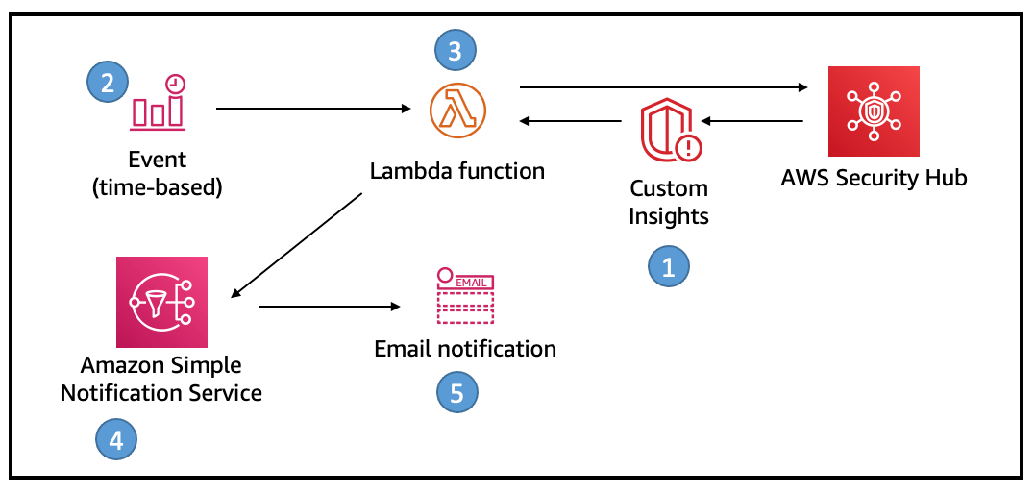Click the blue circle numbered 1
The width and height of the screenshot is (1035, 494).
pyautogui.click(x=669, y=266)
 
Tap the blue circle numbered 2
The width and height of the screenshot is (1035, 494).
pyautogui.click(x=108, y=82)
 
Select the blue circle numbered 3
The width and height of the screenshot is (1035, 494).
pyautogui.click(x=456, y=50)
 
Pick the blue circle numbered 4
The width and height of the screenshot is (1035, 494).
pyautogui.click(x=116, y=440)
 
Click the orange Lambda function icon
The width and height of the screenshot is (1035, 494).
pyautogui.click(x=457, y=111)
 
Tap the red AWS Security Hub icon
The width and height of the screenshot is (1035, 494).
pyautogui.click(x=874, y=111)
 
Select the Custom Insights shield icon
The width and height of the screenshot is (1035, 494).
pyautogui.click(x=670, y=134)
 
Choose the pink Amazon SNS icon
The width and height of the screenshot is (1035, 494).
pyautogui.click(x=161, y=302)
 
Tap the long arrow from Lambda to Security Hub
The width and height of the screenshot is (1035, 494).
pyautogui.click(x=662, y=87)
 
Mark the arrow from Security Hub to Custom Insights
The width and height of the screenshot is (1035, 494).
pyautogui.click(x=752, y=121)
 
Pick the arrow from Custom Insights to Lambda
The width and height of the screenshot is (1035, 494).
pyautogui.click(x=571, y=121)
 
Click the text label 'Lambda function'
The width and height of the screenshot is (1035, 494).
pyautogui.click(x=457, y=171)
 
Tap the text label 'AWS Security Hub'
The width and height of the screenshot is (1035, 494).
pyautogui.click(x=873, y=178)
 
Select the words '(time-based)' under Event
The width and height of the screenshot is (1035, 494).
pyautogui.click(x=157, y=187)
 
